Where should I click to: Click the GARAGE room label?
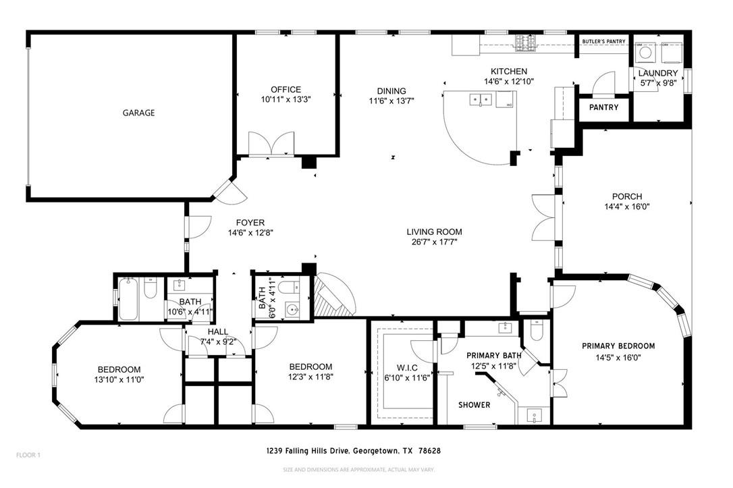coord(138,113)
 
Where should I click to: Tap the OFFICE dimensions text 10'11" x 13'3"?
coord(286,99)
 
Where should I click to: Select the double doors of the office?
coord(271,144)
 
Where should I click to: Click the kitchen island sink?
coord(481,101)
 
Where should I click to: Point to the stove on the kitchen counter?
coord(525,44)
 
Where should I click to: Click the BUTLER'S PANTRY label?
coord(603,42)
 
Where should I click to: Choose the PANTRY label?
coord(603,107)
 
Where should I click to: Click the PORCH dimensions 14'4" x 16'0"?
coord(627,207)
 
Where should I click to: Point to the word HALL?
coord(218,331)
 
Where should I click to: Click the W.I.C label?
coord(398,368)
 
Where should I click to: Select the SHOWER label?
coord(474,405)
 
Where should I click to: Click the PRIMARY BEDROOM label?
coord(618,346)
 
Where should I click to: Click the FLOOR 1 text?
coord(28,455)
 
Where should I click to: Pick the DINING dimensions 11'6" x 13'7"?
coord(391,101)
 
